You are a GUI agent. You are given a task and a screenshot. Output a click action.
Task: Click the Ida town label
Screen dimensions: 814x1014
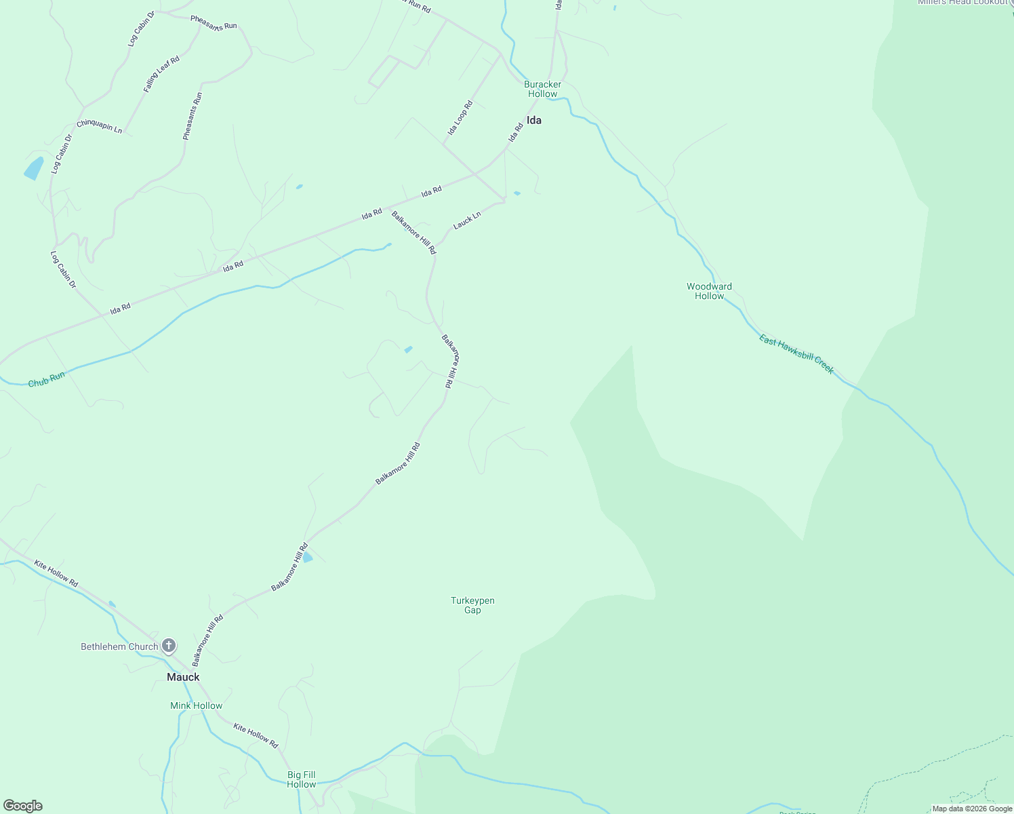pos(534,121)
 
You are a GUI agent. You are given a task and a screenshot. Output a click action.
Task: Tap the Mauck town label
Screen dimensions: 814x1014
pos(183,677)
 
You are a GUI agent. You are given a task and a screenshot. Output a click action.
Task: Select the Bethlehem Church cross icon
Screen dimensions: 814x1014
pos(169,646)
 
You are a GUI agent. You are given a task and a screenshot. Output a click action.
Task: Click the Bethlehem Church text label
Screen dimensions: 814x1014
pos(119,646)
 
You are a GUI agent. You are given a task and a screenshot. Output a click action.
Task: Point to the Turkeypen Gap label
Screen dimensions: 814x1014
pos(472,605)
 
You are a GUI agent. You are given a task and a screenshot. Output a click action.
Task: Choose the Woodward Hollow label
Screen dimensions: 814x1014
pos(709,291)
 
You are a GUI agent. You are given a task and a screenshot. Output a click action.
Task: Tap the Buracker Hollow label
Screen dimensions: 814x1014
pos(542,89)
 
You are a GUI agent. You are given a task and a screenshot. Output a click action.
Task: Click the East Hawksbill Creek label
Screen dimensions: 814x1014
pos(796,354)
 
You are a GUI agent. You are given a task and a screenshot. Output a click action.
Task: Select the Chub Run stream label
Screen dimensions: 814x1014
pos(47,379)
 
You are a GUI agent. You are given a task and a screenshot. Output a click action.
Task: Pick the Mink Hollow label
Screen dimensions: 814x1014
pos(196,705)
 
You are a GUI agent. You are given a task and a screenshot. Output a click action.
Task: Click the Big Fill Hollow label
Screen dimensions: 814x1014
pos(301,779)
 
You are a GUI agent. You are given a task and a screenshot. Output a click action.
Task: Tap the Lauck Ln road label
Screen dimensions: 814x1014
pos(467,220)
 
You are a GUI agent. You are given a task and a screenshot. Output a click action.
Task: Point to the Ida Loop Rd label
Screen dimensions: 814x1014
pos(460,118)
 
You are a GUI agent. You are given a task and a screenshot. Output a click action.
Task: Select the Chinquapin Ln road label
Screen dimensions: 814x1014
pos(99,126)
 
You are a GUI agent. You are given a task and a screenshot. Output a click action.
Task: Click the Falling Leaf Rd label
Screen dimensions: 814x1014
pos(161,74)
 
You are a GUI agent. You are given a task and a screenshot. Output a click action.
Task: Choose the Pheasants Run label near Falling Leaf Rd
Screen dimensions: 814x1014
pos(192,116)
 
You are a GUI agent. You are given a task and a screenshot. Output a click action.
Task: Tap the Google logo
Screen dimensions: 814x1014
pos(23,806)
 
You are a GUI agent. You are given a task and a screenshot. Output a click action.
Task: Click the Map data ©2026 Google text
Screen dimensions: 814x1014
pos(972,809)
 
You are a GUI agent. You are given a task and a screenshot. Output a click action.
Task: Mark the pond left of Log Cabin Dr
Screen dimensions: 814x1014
pos(33,168)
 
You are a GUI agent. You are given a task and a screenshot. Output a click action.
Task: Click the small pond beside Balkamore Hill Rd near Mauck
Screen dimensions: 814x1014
pos(307,558)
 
